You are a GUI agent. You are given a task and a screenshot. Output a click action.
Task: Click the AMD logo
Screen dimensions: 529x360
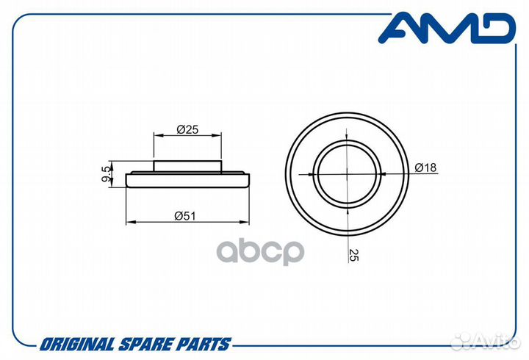click(x=447, y=29)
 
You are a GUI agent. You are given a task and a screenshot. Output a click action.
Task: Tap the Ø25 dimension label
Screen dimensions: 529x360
click(x=187, y=129)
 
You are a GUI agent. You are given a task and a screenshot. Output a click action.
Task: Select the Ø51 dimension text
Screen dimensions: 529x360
click(x=185, y=216)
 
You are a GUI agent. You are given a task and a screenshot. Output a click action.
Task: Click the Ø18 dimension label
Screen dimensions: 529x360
click(x=425, y=168)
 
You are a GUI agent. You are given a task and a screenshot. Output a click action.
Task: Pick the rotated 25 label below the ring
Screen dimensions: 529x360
click(x=354, y=255)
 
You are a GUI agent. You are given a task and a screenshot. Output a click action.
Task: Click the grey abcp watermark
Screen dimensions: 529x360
click(x=260, y=252)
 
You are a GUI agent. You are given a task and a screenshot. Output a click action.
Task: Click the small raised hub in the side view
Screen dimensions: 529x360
click(x=187, y=166)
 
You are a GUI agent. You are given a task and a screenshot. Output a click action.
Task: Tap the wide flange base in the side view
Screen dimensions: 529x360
click(x=187, y=180)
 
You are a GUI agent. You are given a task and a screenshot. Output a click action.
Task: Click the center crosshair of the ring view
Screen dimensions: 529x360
click(x=347, y=174)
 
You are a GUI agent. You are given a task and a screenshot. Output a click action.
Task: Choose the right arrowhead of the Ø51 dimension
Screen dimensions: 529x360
click(x=245, y=222)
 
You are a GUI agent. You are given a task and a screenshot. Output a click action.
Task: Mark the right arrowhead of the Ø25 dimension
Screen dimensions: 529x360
click(x=217, y=135)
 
